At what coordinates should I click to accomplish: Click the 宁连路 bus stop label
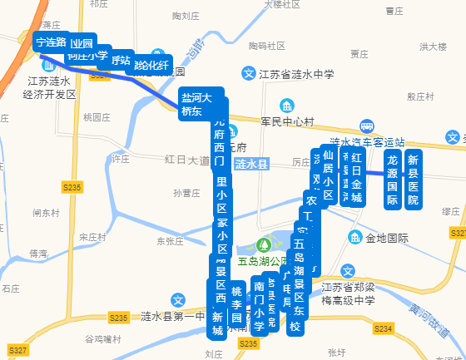click(51, 41)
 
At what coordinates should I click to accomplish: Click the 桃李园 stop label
click(236, 304)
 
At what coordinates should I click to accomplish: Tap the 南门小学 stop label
click(259, 307)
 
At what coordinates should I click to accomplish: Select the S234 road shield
click(382, 329)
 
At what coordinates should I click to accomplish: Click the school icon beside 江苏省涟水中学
click(247, 74)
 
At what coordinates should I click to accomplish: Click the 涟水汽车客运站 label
click(367, 141)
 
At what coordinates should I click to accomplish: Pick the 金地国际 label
click(388, 238)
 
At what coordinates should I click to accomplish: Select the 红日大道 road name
click(186, 159)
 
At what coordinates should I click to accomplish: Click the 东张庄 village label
click(169, 242)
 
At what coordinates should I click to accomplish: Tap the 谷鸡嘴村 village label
click(103, 339)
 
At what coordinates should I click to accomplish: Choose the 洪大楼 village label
click(434, 47)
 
